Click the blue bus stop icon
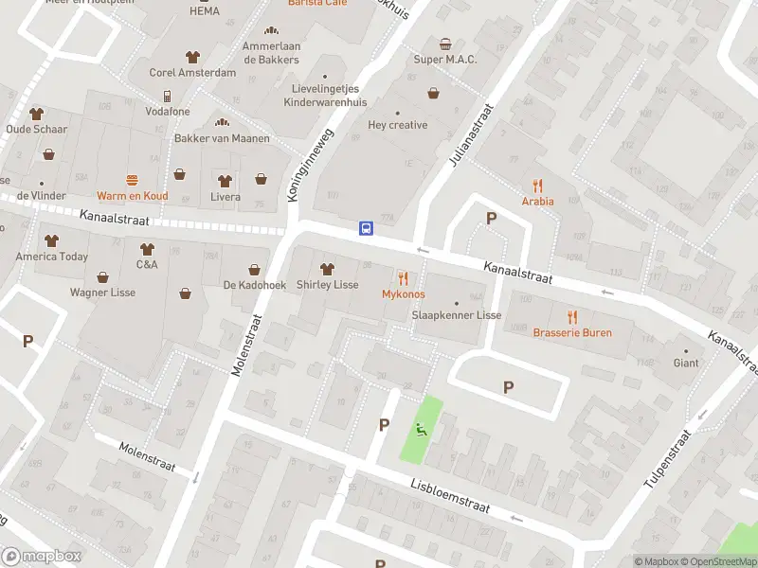point(366,227)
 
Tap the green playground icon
point(419,431)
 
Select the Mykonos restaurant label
point(403,294)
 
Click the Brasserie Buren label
point(571,332)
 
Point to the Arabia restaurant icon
point(537,185)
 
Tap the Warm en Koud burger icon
point(132,180)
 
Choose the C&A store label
point(147,265)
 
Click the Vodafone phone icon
point(167,96)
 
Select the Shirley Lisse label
point(327,285)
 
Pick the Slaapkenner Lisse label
point(456,314)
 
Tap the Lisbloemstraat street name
point(450,493)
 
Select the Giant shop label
point(685,363)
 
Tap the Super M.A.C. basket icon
point(445,44)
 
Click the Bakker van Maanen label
point(222,138)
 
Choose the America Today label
point(51,257)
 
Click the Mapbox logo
point(40,557)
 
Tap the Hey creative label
point(397,125)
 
